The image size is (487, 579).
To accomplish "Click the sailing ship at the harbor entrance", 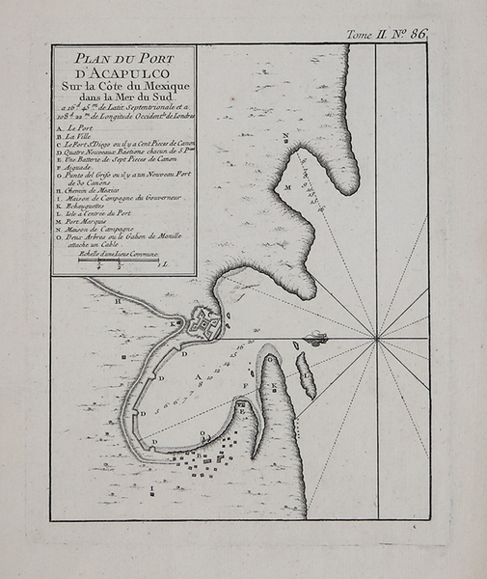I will point(315,338).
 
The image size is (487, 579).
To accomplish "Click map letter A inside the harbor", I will point(198,377).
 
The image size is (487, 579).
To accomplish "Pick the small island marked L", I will point(305,375).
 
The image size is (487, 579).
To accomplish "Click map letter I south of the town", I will point(153,487).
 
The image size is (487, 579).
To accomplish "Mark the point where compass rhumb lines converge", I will point(374,339).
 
